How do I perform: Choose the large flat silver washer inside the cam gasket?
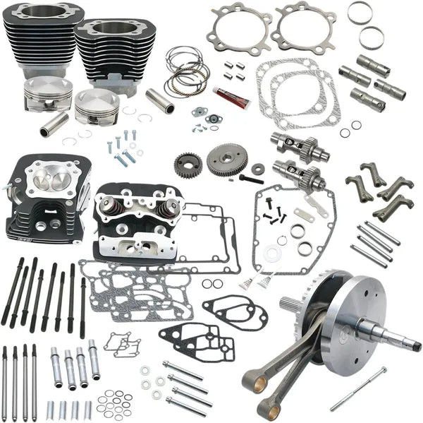[x=272, y=251]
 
